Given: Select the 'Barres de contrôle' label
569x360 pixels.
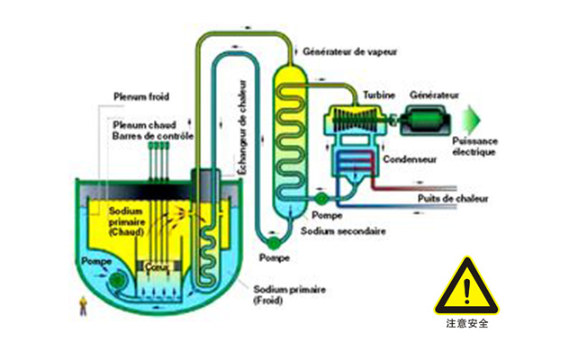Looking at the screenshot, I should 153,136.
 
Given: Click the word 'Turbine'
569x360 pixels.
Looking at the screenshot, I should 379,94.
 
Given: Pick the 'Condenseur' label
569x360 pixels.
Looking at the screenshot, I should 409,158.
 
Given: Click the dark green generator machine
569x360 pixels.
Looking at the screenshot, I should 429,116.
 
